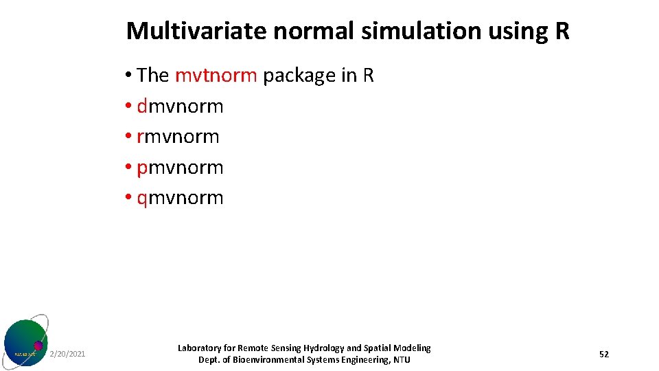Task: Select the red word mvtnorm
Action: click(216, 76)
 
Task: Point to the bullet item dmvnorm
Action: click(181, 106)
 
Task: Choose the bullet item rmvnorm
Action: click(178, 137)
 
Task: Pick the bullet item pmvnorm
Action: click(181, 168)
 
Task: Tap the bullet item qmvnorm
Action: click(181, 198)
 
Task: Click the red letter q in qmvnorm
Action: click(142, 199)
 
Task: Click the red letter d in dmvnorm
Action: click(142, 106)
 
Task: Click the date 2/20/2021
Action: click(68, 354)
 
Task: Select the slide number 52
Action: click(604, 354)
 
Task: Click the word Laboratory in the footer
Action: click(200, 348)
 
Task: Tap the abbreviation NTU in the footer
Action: click(402, 360)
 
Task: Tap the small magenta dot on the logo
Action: click(38, 346)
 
